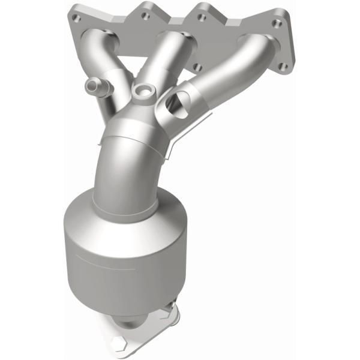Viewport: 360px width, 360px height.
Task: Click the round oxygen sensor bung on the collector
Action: click(143, 91)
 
